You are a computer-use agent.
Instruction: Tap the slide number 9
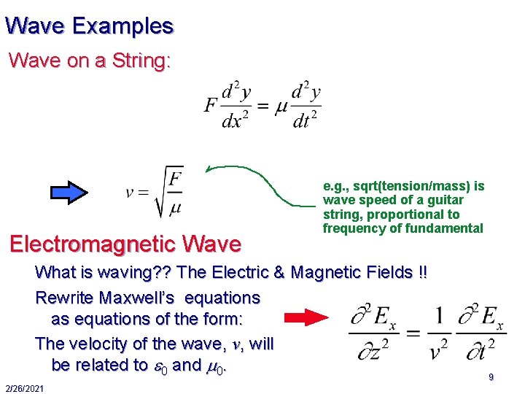pyautogui.click(x=491, y=377)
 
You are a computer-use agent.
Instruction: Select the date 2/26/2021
pyautogui.click(x=23, y=387)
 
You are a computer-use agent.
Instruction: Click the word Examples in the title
pyautogui.click(x=122, y=26)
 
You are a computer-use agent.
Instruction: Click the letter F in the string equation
pyautogui.click(x=210, y=106)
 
